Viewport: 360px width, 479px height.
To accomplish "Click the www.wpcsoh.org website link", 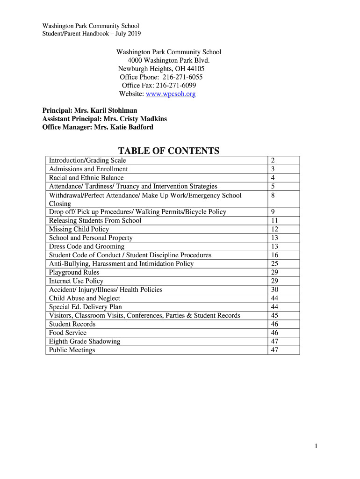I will (171, 94).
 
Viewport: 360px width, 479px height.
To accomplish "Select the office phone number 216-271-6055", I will (182, 77).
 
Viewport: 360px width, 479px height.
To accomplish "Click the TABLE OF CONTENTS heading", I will (168, 151).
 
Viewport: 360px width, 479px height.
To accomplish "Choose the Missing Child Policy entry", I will (79, 229).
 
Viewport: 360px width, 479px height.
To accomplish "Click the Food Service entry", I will (68, 333).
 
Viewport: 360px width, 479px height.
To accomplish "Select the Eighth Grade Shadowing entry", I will (85, 341).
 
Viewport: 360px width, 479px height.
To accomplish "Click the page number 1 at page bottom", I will (317, 447).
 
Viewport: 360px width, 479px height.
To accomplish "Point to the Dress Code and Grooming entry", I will (87, 247).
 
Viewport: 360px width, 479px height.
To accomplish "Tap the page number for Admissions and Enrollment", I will (273, 169).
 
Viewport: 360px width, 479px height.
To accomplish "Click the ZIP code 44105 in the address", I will (196, 68).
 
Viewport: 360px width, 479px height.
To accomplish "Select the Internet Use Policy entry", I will (76, 281).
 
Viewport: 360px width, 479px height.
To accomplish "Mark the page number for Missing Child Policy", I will (274, 229).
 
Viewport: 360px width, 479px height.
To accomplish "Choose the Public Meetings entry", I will (72, 350).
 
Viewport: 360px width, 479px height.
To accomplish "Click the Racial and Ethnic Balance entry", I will (86, 178).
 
